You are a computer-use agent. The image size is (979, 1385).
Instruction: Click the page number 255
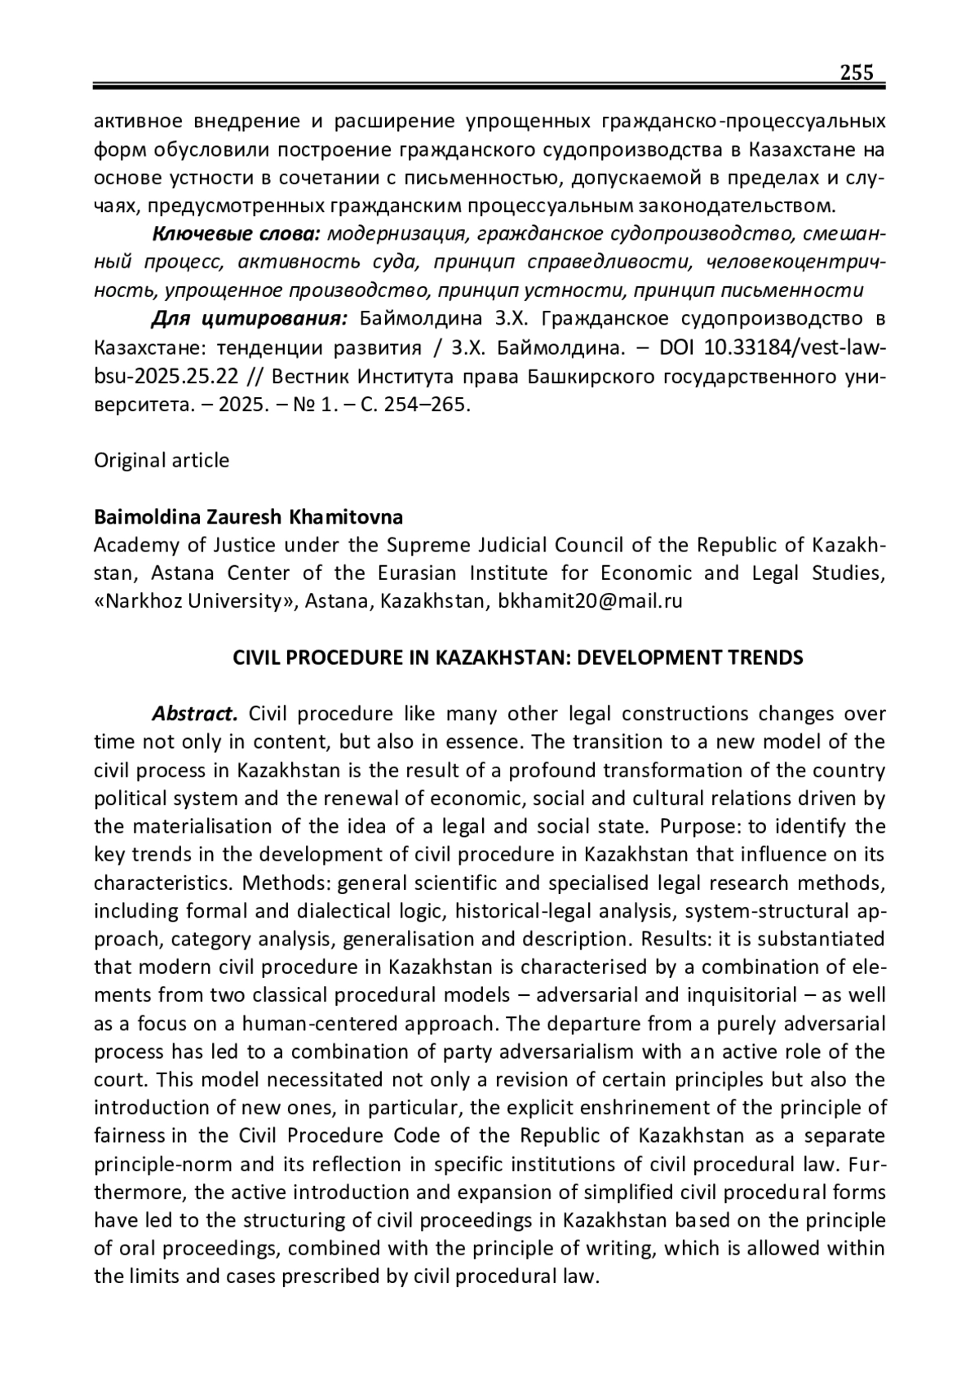point(857,73)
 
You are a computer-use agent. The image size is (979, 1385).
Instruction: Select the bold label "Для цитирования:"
point(250,318)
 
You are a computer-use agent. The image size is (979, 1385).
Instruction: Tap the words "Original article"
point(162,460)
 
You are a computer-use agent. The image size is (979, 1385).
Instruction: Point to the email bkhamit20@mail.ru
point(590,602)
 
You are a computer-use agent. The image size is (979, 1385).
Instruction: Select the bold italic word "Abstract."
point(194,714)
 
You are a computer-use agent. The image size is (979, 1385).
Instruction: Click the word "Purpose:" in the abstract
point(700,826)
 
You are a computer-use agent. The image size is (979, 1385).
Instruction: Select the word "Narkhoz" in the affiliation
point(140,602)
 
